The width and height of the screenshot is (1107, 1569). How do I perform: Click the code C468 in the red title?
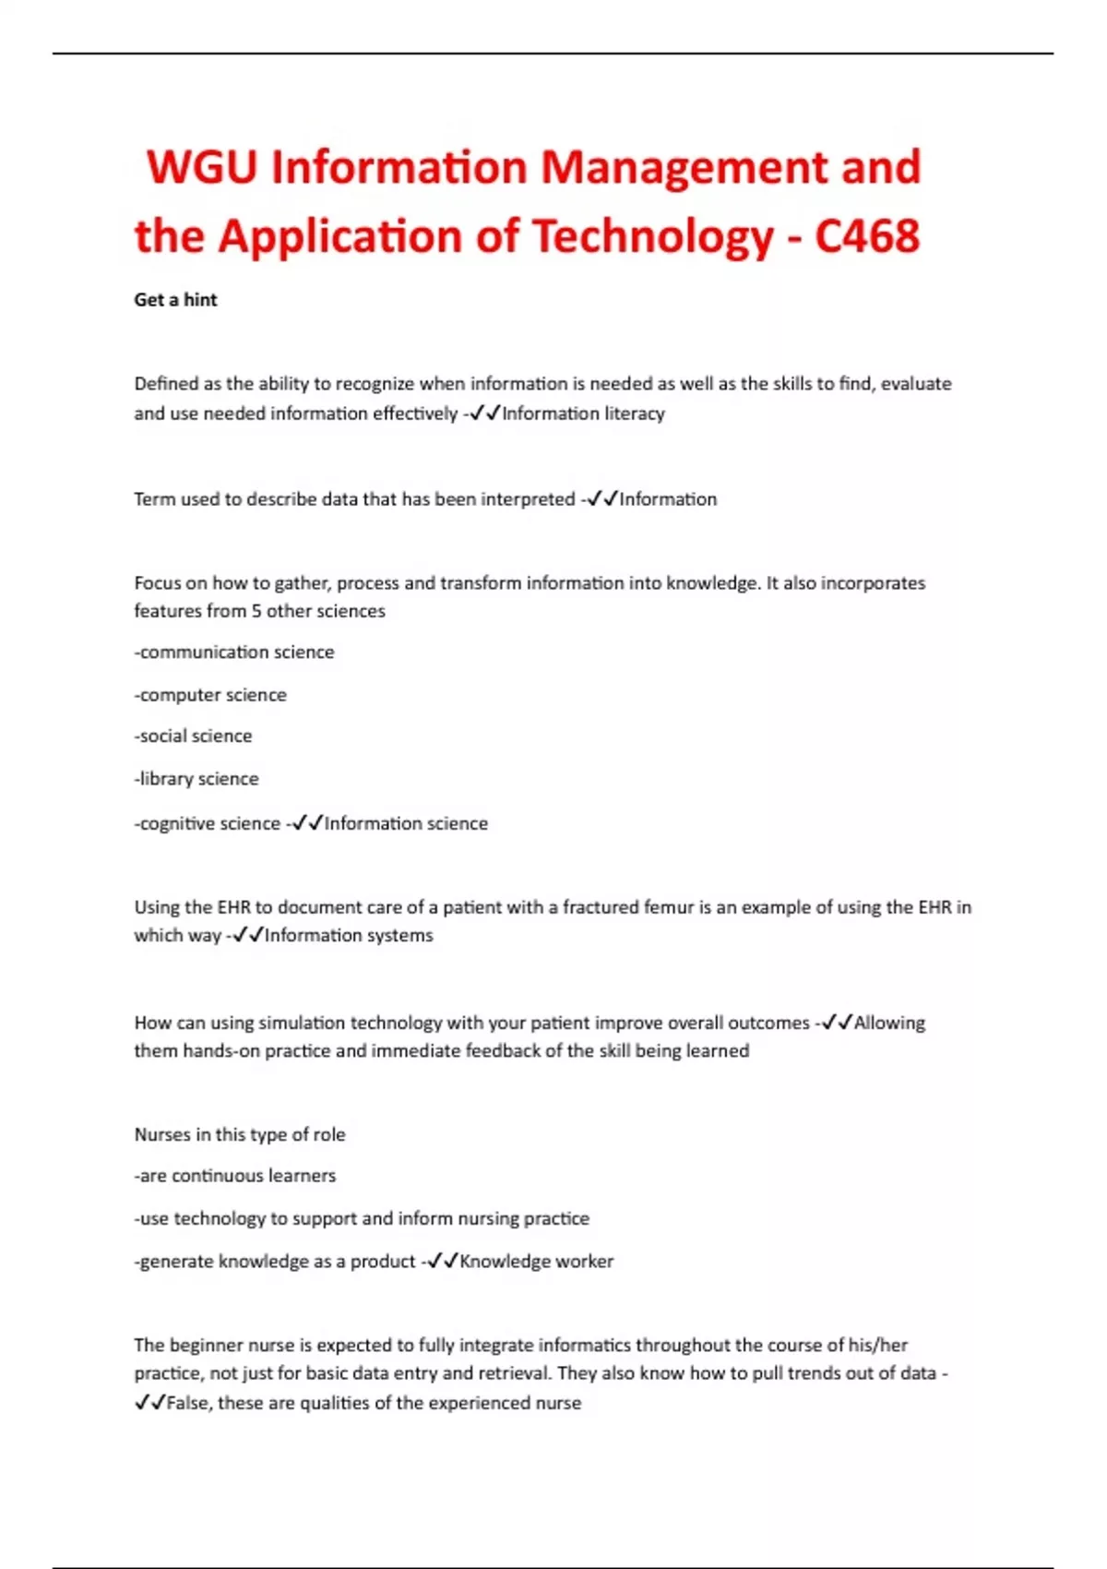(867, 236)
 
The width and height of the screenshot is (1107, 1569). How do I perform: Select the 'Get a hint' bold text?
(175, 300)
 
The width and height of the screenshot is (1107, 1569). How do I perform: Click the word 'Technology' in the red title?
(652, 236)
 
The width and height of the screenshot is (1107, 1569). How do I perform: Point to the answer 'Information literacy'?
(583, 413)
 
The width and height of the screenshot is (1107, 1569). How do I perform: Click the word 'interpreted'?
(529, 499)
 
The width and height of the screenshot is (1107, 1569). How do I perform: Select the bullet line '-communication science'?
(234, 653)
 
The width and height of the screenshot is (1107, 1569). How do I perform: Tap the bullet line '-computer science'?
(210, 695)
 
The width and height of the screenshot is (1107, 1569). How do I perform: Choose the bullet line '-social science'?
(193, 737)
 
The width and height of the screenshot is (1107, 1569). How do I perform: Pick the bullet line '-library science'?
(196, 779)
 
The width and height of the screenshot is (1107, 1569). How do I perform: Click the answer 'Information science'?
(406, 823)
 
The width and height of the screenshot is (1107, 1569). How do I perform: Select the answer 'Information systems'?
(349, 936)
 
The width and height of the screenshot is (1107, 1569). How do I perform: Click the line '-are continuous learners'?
(235, 1176)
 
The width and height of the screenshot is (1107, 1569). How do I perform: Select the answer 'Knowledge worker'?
(536, 1262)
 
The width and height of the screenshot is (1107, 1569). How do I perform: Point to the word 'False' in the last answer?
(187, 1403)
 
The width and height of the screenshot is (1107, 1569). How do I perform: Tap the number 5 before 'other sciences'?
(256, 611)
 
